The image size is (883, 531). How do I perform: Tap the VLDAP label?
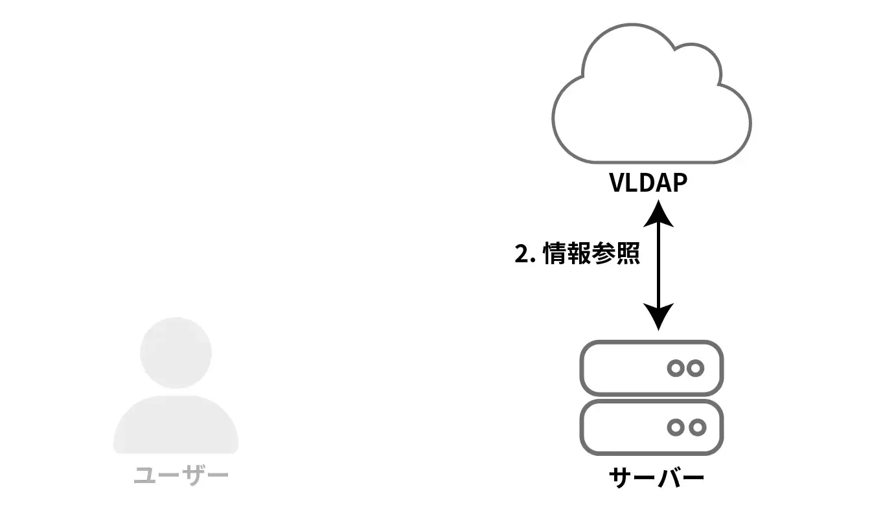648,183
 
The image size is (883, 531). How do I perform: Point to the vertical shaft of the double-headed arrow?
658,265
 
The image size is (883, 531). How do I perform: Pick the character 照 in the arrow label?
627,253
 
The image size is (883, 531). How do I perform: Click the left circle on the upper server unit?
676,368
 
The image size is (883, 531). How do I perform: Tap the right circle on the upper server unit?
696,368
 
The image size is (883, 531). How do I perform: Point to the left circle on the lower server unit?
676,427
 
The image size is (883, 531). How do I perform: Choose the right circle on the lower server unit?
696,427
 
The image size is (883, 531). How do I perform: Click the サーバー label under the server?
656,479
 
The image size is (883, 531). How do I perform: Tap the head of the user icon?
176,353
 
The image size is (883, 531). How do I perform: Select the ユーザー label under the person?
181,476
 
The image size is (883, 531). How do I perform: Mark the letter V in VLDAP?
617,183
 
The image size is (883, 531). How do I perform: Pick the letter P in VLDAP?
678,183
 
